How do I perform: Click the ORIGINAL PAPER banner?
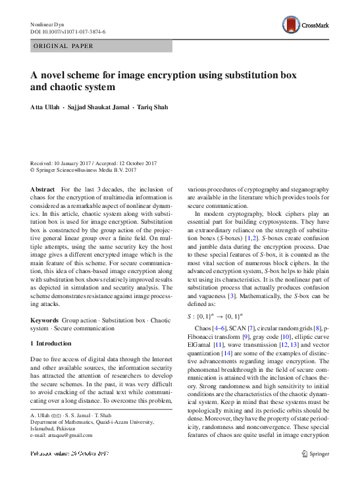tap(63, 46)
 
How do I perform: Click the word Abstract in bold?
tap(42, 189)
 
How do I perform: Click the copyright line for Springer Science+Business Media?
tap(84, 170)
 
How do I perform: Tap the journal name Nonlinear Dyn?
tap(49, 24)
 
